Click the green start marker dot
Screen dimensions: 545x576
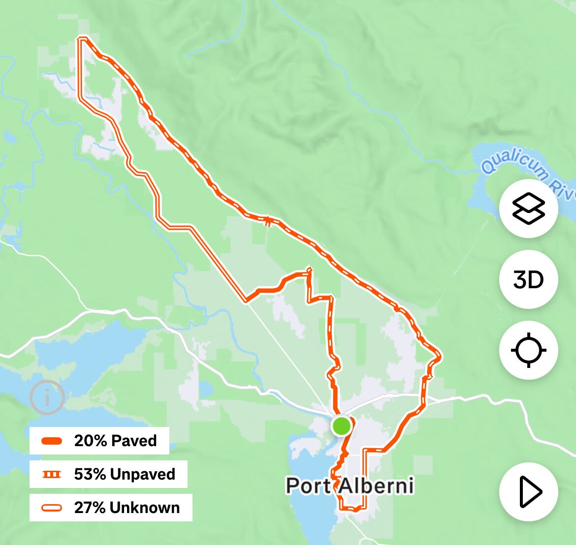click(341, 425)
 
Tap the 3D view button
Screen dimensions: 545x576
click(528, 279)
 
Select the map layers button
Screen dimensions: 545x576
click(528, 209)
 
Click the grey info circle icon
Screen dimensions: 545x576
click(47, 396)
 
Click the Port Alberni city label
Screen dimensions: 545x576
click(350, 486)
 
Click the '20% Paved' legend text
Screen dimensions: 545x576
click(115, 441)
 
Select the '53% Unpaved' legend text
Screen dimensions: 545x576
click(125, 474)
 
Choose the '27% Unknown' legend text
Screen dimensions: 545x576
click(127, 508)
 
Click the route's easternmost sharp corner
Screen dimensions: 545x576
click(440, 355)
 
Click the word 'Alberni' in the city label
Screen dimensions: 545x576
click(375, 486)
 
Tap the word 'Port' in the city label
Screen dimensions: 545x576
click(308, 486)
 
